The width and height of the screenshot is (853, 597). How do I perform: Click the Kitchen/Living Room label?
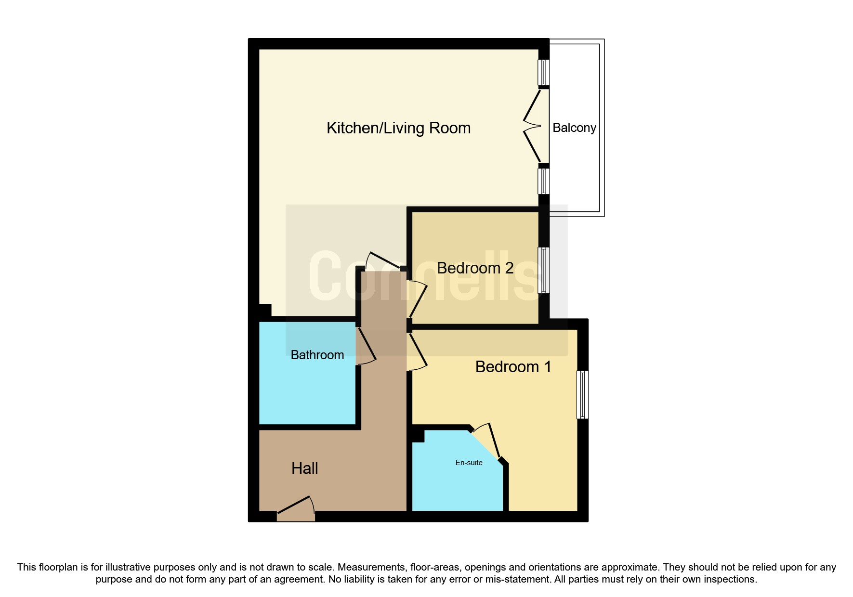[398, 128]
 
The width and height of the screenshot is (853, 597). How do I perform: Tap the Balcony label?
[574, 128]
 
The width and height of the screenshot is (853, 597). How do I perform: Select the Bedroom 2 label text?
[475, 268]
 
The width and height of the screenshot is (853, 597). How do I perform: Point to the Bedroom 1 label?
[513, 367]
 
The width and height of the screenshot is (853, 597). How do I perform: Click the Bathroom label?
[317, 355]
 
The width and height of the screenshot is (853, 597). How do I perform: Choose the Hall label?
[304, 468]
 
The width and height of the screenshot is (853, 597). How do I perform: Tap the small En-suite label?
[469, 463]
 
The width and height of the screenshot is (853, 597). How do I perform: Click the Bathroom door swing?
[367, 346]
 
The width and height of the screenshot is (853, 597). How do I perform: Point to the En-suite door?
[486, 441]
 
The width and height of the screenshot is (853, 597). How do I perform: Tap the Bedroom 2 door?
[418, 299]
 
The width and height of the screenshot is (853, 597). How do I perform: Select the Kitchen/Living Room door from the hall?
[383, 260]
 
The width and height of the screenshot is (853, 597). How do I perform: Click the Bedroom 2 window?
[543, 270]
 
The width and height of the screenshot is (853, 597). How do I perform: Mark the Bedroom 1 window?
[582, 395]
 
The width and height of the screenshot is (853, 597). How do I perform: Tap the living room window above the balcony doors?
[543, 72]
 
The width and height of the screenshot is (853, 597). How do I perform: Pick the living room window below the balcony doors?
[543, 181]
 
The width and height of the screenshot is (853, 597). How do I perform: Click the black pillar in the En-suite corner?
[418, 436]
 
